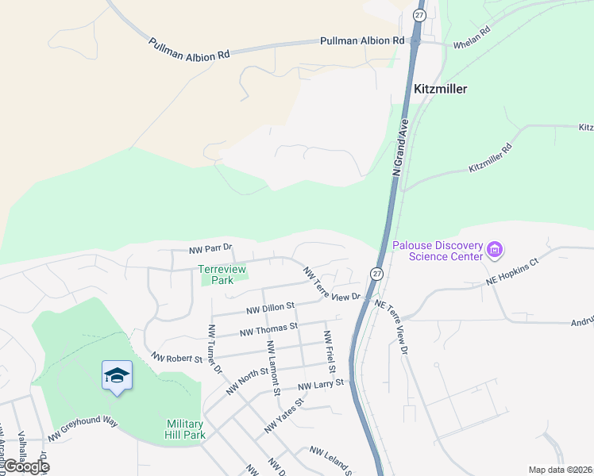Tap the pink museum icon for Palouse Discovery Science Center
coord(495,251)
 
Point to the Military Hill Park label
coord(186,429)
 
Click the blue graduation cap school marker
coord(117,375)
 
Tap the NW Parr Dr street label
coord(210,249)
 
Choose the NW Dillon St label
coord(270,306)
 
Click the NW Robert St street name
coord(176,359)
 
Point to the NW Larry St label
coord(323,384)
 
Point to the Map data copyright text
coord(561,470)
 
